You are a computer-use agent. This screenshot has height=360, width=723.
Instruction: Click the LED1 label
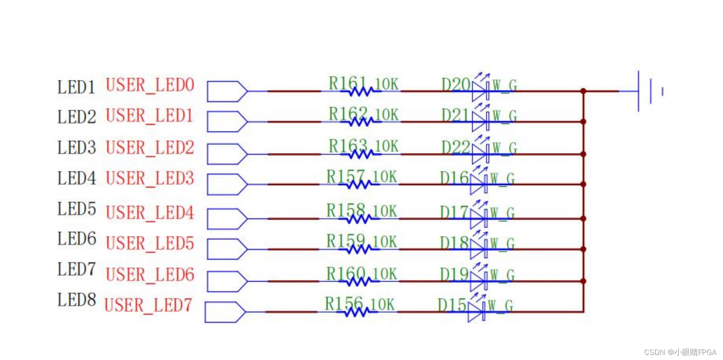point(76,87)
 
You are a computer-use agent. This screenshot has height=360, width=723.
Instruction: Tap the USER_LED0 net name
point(150,85)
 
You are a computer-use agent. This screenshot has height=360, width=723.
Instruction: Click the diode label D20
point(455,85)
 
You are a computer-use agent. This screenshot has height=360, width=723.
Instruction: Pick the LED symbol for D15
point(476,312)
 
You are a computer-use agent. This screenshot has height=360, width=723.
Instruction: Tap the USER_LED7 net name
point(148,305)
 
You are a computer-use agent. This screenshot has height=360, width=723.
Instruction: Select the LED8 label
point(77,300)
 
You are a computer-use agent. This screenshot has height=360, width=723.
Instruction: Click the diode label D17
point(454,212)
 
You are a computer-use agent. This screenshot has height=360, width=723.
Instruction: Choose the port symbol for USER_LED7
point(225,312)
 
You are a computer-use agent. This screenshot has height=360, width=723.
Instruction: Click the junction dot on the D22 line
point(583,154)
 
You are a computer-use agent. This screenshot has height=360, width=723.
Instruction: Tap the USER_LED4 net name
point(150,212)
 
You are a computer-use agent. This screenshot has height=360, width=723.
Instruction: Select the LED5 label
point(77,209)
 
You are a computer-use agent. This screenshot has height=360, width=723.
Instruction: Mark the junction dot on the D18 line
point(583,249)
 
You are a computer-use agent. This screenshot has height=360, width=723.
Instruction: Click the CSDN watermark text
point(680,352)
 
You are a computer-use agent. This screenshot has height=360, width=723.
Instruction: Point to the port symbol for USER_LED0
point(227,91)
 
